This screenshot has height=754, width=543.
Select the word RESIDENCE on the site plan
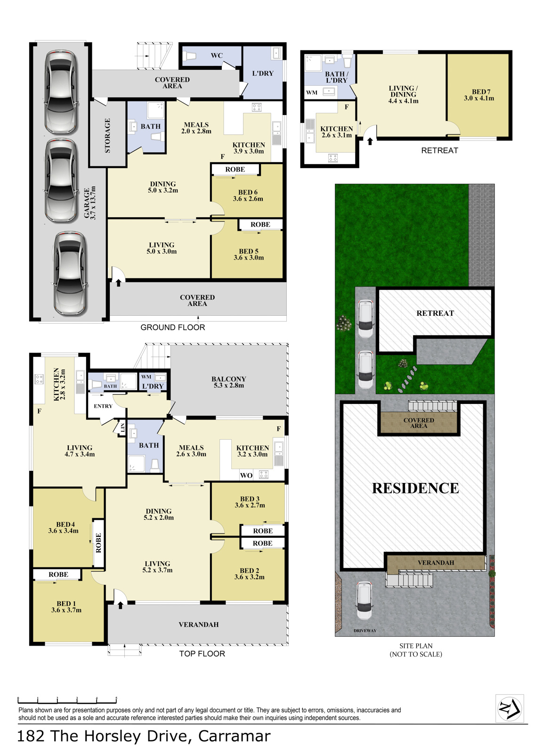pos(415,488)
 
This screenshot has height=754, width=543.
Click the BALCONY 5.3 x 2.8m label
pos(228,382)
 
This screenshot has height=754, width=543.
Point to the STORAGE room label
pos(107,135)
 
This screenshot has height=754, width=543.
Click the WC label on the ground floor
pos(217,56)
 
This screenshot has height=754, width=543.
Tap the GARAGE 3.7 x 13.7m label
pos(90,203)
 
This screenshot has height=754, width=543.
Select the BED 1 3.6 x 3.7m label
pos(66,606)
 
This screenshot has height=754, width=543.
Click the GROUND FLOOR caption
pos(172,327)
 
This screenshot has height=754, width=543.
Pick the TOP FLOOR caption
pos(202,654)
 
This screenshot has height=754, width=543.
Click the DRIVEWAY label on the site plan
pos(365,631)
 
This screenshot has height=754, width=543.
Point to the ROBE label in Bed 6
pos(235,169)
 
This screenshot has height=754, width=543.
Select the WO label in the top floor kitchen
pos(246,475)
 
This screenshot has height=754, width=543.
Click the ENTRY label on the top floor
pos(103,406)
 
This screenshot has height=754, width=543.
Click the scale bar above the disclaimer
pos(67,700)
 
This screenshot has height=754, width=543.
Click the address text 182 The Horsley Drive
pos(102,736)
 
